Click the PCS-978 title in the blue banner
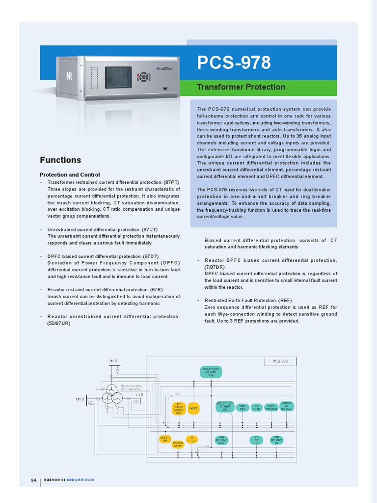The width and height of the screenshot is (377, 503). click(x=234, y=63)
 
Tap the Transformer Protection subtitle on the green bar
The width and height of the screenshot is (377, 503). click(x=241, y=87)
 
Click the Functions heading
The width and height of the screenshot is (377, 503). click(x=60, y=160)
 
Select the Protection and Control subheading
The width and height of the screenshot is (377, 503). click(x=70, y=174)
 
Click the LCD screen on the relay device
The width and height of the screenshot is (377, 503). click(x=118, y=77)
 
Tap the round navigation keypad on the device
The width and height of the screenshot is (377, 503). click(x=143, y=77)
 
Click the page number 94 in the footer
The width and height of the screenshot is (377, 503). click(x=34, y=480)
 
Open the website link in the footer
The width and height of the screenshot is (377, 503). click(x=80, y=479)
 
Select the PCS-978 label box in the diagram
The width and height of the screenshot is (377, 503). click(x=277, y=361)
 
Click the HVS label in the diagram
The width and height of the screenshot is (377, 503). click(x=113, y=361)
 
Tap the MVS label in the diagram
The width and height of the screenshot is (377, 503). click(x=80, y=399)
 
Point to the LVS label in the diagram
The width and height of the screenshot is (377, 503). click(x=139, y=394)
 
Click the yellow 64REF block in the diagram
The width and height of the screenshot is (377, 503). click(x=193, y=408)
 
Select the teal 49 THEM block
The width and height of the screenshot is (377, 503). click(x=257, y=407)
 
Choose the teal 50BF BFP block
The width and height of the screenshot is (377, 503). click(x=242, y=407)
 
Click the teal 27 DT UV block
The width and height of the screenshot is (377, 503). click(x=256, y=440)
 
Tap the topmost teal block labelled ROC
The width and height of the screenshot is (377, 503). click(x=211, y=371)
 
